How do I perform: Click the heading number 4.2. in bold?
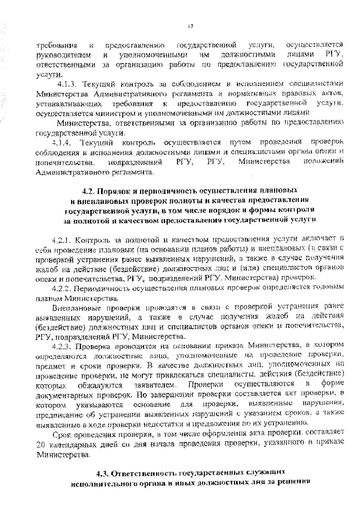tap(91, 191)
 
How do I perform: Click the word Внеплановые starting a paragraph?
tap(79, 308)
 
